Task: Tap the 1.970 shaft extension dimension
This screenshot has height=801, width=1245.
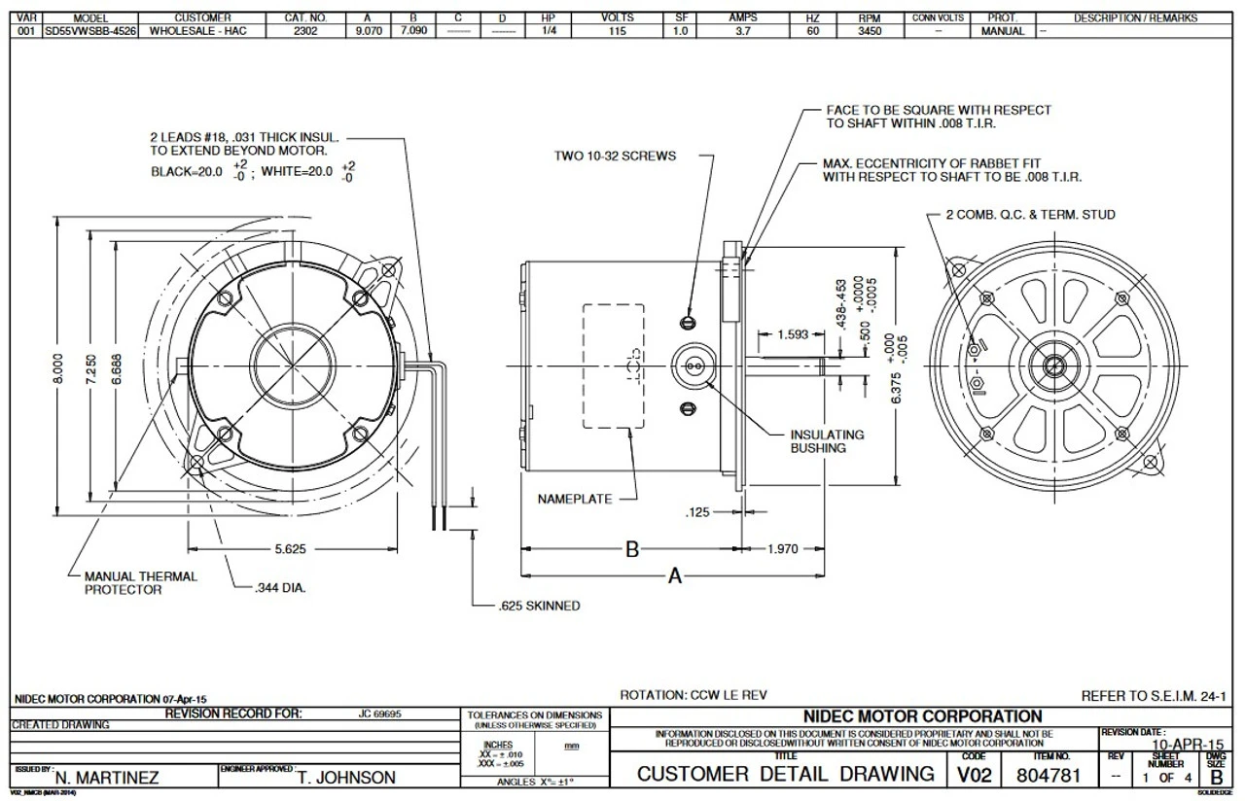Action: tap(782, 549)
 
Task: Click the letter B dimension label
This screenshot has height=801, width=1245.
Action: tap(631, 551)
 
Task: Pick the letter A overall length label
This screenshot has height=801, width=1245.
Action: tap(674, 576)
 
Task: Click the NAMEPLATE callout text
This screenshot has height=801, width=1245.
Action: tap(575, 499)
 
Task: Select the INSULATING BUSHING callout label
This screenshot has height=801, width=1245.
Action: tap(826, 441)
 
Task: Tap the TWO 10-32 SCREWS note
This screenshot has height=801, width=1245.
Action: tap(615, 156)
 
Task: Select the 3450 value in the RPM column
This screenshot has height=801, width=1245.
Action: tap(869, 31)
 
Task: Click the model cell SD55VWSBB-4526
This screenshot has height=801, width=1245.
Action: tap(90, 31)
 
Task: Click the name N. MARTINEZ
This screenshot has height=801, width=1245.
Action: tap(107, 778)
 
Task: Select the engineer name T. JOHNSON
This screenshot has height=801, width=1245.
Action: tap(347, 778)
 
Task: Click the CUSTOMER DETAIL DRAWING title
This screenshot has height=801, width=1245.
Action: tap(785, 775)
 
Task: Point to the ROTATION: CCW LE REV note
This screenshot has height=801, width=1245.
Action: tap(694, 695)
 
